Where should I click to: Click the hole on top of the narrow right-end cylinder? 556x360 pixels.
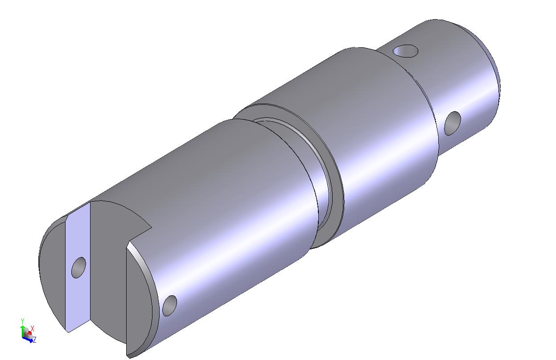click(x=405, y=51)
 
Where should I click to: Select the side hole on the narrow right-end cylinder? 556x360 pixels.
click(x=452, y=124)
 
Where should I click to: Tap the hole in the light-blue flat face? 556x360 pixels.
click(x=78, y=267)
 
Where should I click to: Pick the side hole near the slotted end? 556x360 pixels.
click(x=169, y=306)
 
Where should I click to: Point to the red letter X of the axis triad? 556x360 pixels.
click(x=32, y=328)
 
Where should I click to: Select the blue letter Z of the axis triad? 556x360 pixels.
click(x=35, y=339)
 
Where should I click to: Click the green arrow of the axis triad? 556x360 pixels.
click(x=22, y=330)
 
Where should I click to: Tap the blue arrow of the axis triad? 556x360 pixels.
click(x=28, y=339)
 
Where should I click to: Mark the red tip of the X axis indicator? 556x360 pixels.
click(x=30, y=333)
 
